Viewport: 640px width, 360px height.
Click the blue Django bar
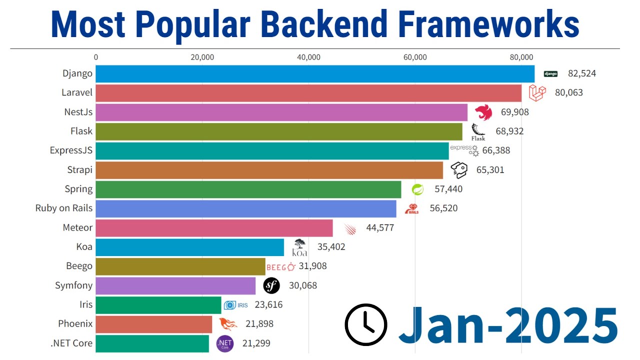click(315, 73)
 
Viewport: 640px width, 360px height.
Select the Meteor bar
click(214, 228)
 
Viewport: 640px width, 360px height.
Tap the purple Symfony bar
click(175, 286)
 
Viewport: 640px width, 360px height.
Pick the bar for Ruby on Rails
click(246, 208)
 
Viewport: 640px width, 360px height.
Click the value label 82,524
click(581, 73)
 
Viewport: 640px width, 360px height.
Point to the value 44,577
click(380, 228)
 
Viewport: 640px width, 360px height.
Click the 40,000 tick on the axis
click(308, 57)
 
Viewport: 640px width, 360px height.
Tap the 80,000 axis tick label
click(521, 57)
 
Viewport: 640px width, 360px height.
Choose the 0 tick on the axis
click(96, 57)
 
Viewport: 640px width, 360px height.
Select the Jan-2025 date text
click(508, 324)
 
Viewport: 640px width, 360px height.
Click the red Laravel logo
click(537, 92)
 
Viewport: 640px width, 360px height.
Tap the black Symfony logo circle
click(271, 286)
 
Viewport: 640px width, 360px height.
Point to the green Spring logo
click(417, 189)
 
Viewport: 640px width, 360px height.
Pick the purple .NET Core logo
click(224, 343)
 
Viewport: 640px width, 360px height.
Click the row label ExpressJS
click(71, 150)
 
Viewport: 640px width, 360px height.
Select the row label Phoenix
click(75, 324)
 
